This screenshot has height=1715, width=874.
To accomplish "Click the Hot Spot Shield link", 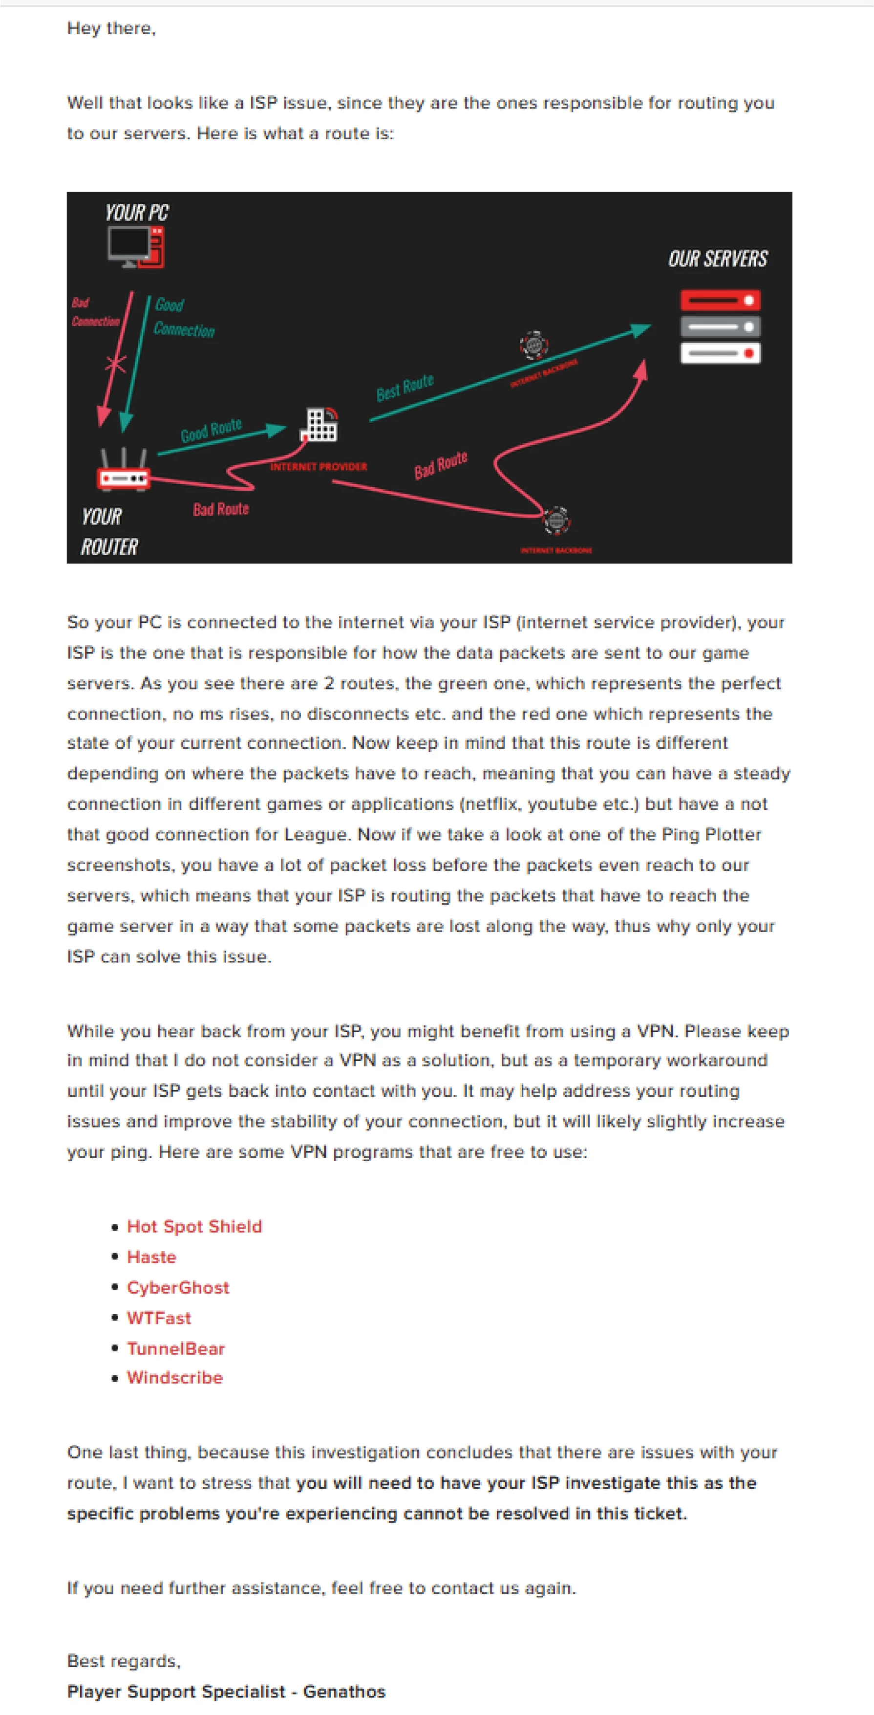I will (194, 1226).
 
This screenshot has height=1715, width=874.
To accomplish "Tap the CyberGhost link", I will (178, 1287).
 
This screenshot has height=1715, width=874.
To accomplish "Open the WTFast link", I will (159, 1318).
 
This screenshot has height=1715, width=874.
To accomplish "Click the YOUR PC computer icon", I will (136, 246).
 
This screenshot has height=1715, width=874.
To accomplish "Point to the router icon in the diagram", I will (124, 471).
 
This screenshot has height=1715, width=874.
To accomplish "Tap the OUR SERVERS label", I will (718, 259).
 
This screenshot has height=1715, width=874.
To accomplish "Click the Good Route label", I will (211, 430).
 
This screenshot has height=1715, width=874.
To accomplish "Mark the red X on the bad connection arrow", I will (116, 364).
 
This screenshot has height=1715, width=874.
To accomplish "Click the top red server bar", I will (720, 300).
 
